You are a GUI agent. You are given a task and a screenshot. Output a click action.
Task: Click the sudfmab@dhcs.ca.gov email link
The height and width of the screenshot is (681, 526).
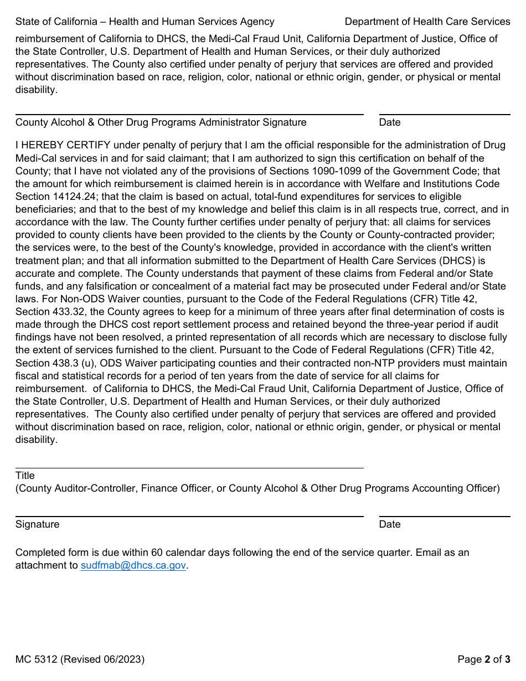click(133, 565)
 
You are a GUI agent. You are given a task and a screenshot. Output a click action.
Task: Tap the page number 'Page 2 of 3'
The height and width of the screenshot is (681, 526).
click(483, 659)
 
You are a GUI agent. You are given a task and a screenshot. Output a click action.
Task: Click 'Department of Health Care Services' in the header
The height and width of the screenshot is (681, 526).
click(427, 22)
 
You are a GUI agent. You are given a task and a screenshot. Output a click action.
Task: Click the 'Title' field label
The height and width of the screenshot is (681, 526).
click(25, 476)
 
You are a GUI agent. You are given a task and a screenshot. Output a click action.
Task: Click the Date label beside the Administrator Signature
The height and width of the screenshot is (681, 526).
click(390, 122)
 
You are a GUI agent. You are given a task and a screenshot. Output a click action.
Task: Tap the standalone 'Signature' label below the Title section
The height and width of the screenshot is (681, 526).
click(37, 524)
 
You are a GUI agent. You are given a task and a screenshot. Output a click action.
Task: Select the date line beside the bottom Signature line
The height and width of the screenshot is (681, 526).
click(445, 517)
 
